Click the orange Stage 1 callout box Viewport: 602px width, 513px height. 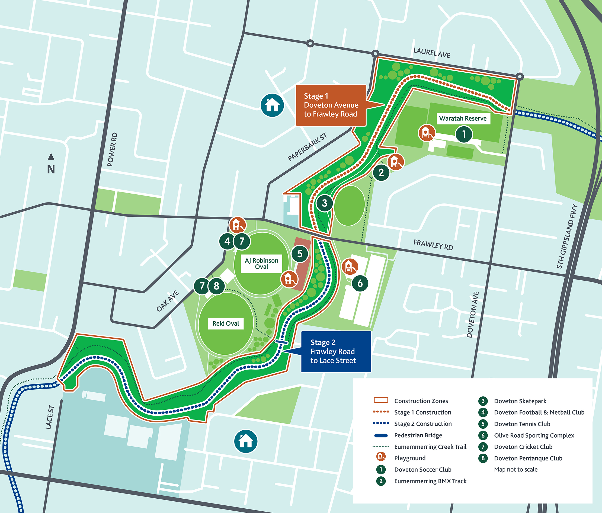pyautogui.click(x=331, y=105)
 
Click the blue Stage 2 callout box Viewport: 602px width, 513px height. pyautogui.click(x=336, y=351)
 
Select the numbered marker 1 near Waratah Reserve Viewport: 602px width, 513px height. pyautogui.click(x=464, y=134)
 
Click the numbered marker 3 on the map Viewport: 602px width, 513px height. pyautogui.click(x=325, y=203)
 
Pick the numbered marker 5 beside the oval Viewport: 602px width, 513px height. pyautogui.click(x=300, y=254)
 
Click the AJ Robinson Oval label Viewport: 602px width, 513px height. pyautogui.click(x=261, y=264)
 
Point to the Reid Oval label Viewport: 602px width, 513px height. pyautogui.click(x=226, y=323)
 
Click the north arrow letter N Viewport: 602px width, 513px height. pyautogui.click(x=51, y=169)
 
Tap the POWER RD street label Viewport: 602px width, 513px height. pyautogui.click(x=112, y=149)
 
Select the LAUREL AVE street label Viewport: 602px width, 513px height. pyautogui.click(x=432, y=53)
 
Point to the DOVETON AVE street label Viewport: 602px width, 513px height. pyautogui.click(x=473, y=315)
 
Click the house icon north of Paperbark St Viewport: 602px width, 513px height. pyautogui.click(x=272, y=105)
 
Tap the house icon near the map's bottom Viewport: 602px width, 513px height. pyautogui.click(x=246, y=441)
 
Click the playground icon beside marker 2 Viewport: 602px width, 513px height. pyautogui.click(x=395, y=162)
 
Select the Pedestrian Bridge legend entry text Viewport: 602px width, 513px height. pyautogui.click(x=418, y=435)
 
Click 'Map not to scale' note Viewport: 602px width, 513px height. pyautogui.click(x=516, y=469)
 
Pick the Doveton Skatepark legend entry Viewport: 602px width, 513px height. pyautogui.click(x=520, y=401)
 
